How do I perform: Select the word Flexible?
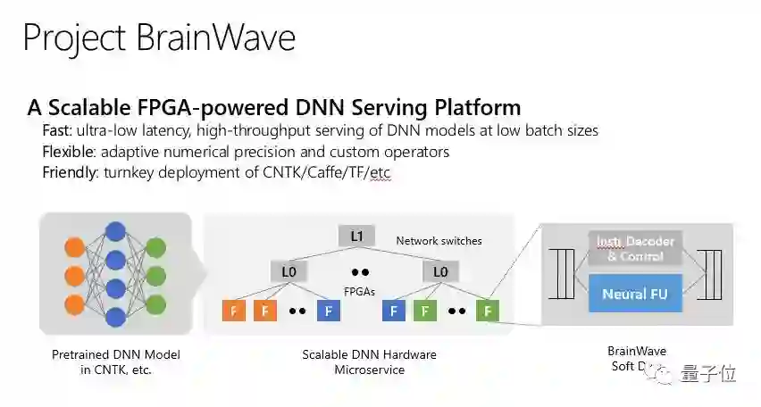coord(70,152)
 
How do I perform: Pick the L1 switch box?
coord(355,237)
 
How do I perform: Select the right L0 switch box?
coord(440,271)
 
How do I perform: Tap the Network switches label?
coord(439,241)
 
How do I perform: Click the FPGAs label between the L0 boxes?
coord(359,289)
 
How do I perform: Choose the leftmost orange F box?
coord(234,311)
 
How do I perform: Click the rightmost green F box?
coord(488,311)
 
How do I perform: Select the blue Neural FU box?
coord(635,294)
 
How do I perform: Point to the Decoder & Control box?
coord(635,249)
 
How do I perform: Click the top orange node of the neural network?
coord(74,244)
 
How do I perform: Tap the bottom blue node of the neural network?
coord(115,316)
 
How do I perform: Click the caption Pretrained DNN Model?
coord(115,355)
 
